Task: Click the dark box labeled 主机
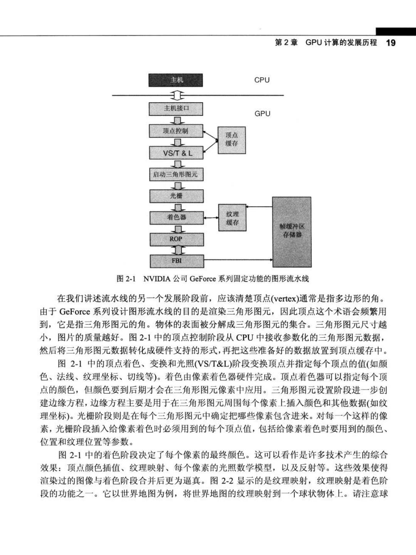point(176,80)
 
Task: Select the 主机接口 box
point(176,109)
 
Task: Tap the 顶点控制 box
point(176,131)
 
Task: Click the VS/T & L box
point(176,153)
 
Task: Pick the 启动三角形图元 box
point(176,174)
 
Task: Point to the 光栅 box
point(176,196)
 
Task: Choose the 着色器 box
point(177,218)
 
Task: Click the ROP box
point(177,239)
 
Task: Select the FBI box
point(177,261)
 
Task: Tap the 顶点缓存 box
point(231,140)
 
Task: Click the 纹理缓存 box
point(232,217)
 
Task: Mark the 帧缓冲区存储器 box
point(292,232)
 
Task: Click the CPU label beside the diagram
point(262,80)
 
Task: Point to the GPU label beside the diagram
point(262,113)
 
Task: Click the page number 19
point(391,43)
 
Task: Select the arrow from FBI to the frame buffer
point(238,260)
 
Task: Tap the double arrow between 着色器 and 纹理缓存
point(211,217)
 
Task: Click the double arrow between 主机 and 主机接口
point(177,95)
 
